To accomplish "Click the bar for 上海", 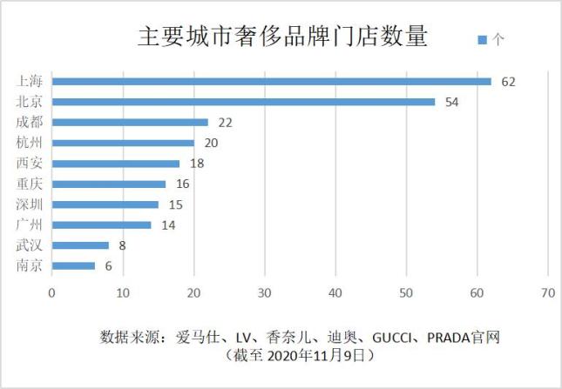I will coord(271,82).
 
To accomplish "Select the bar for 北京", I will coord(243,102).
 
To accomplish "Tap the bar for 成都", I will coord(130,123).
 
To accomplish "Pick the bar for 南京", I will coord(73,265).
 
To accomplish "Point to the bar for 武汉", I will coord(80,245).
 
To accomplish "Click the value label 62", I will coord(509,82).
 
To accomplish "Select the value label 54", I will coord(452,102).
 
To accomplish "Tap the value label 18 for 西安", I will coord(197,164).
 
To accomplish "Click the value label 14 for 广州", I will coord(169,225).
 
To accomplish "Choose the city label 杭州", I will coord(30,143).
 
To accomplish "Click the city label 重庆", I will coord(30,184).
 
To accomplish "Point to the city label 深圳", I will coord(30,205).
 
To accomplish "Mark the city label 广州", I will coord(30,225).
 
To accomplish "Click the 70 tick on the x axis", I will coord(547,293).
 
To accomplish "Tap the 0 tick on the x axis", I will coord(52,293).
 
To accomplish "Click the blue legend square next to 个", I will coord(482,39).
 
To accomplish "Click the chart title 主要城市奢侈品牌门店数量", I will coord(283,37).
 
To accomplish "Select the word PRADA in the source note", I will coord(450,335).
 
